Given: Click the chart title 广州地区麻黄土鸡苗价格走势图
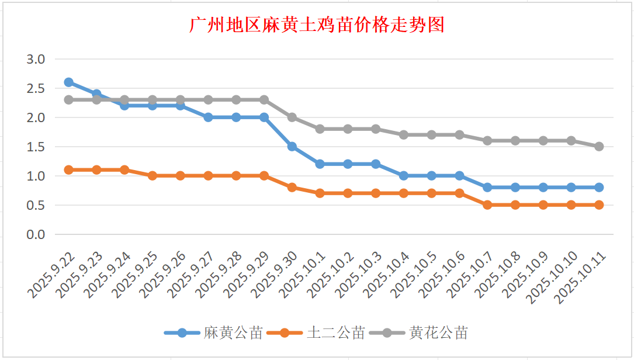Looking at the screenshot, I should (x=317, y=25).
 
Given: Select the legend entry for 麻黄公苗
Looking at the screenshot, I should (x=233, y=333).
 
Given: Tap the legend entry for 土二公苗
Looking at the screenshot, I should (x=335, y=333).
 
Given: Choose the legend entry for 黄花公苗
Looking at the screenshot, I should (x=438, y=333).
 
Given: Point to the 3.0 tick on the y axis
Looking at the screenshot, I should (x=36, y=59).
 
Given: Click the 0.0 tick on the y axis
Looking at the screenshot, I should (x=36, y=234).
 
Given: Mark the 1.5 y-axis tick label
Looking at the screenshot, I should (x=36, y=147).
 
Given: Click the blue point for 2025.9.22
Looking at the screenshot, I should (x=68, y=82).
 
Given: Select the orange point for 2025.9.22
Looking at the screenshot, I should (x=68, y=170).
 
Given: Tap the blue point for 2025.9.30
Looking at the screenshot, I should (x=292, y=147).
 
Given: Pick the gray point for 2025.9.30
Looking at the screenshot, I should (x=292, y=117).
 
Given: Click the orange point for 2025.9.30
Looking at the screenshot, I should (x=292, y=188).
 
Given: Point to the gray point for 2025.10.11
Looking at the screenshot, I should (x=599, y=147).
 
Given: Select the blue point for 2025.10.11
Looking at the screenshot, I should (x=599, y=188).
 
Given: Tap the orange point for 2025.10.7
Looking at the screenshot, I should (x=487, y=205).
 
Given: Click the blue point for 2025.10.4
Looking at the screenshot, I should (x=404, y=176).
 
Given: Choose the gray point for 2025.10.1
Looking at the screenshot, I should (x=320, y=129).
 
